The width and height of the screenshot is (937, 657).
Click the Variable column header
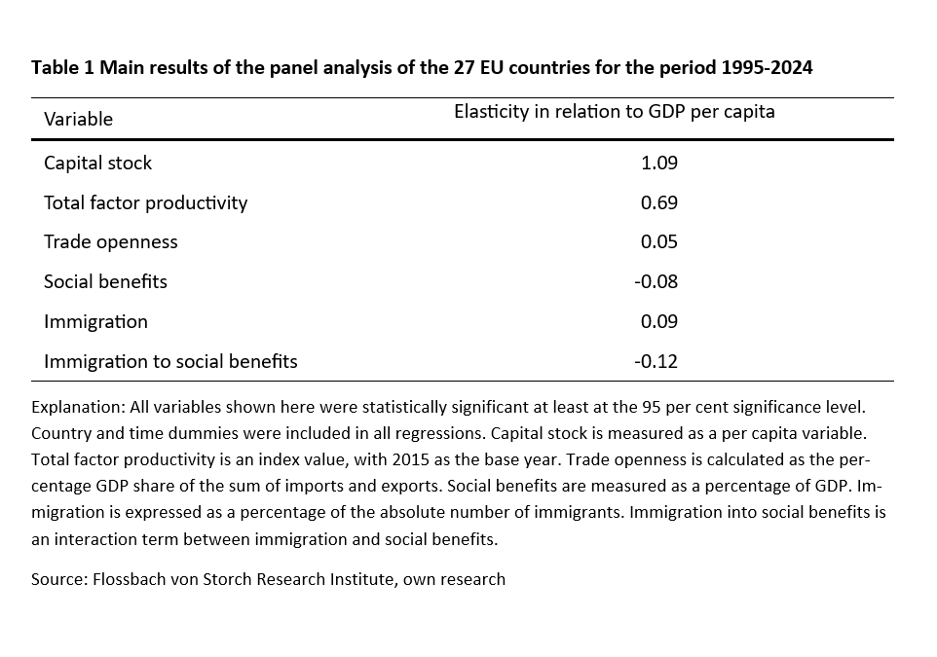coord(78,119)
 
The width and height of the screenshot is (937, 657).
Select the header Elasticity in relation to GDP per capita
coord(614,111)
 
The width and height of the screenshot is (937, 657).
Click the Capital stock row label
coord(97,163)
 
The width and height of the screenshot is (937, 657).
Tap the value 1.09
coord(658,163)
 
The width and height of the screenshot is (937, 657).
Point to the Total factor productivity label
coord(145,202)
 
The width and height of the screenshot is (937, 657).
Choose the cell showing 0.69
coord(658,202)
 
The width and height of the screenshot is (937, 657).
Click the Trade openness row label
coord(110,241)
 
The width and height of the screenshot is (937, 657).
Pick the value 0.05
coord(658,241)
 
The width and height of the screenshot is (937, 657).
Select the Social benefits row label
coord(105,281)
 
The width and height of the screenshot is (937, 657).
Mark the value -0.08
coord(656,281)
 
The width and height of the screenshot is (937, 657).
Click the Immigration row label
coord(95,321)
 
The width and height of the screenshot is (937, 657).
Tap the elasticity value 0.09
coord(658,321)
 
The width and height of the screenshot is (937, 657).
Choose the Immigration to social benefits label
coord(170,361)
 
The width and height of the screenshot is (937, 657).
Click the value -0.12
coord(656,361)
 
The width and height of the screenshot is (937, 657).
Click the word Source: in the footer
coord(58,579)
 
